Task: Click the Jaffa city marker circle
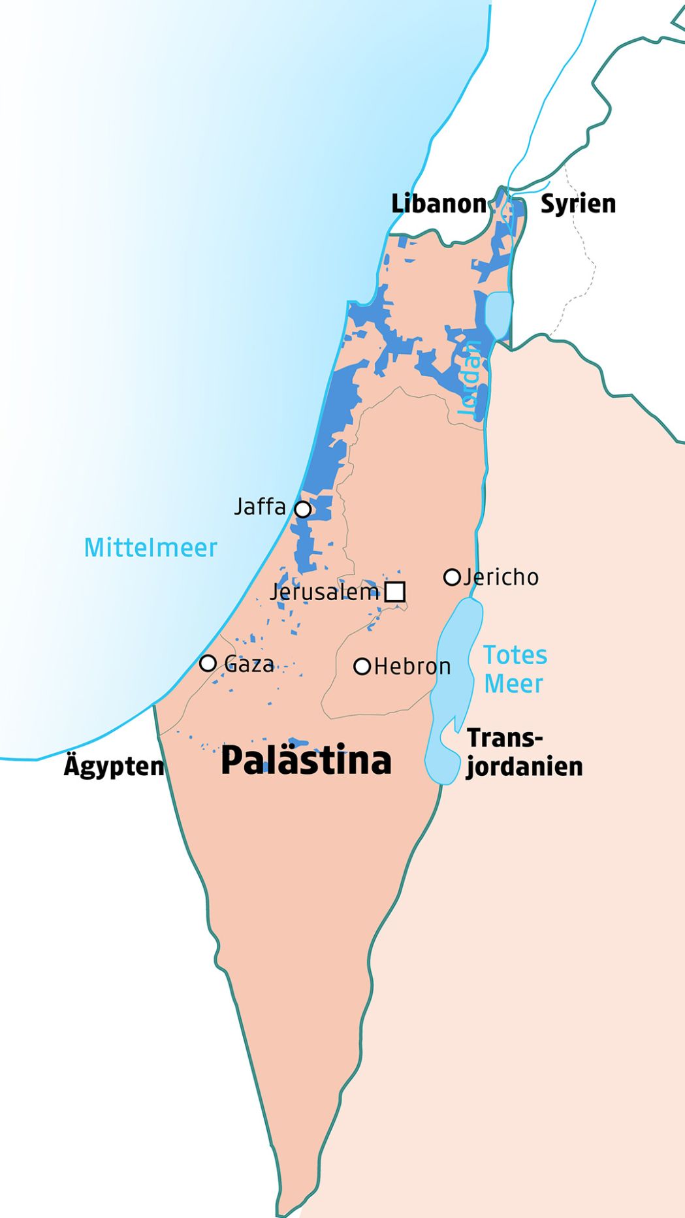[x=302, y=509]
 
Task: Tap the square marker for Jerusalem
[x=395, y=592]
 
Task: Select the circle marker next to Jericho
[x=452, y=577]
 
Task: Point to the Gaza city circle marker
[x=208, y=663]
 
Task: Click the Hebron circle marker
[x=362, y=666]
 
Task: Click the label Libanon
[x=438, y=204]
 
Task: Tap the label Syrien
[x=578, y=204]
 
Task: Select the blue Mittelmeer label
[x=150, y=547]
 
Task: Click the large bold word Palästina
[x=306, y=761]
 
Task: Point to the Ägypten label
[x=114, y=766]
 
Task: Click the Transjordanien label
[x=524, y=752]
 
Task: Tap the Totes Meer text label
[x=515, y=669]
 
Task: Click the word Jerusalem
[x=325, y=592]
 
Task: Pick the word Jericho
[x=501, y=577]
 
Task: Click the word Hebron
[x=412, y=667]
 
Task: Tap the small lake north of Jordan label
[x=498, y=315]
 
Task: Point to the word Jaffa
[x=260, y=507]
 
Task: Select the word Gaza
[x=249, y=664]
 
